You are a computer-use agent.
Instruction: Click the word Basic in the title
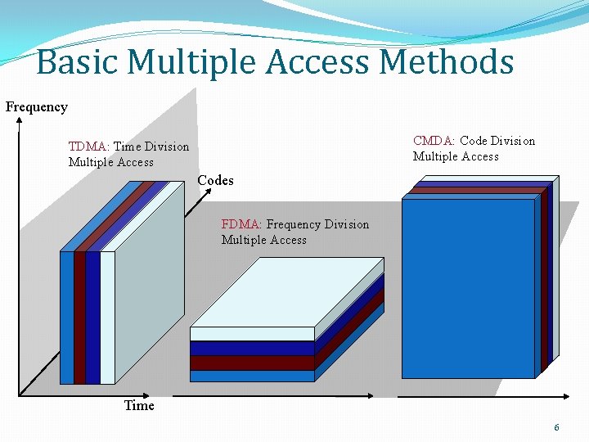pyautogui.click(x=79, y=62)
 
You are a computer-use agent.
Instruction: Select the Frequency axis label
pyautogui.click(x=37, y=106)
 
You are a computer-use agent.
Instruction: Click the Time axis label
pyautogui.click(x=139, y=405)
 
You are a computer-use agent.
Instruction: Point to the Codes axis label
pyautogui.click(x=215, y=180)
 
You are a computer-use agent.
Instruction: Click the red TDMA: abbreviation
pyautogui.click(x=89, y=147)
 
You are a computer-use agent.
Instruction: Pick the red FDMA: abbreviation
pyautogui.click(x=242, y=224)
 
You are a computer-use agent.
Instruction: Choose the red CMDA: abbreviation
pyautogui.click(x=434, y=141)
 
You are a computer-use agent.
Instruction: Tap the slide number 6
pyautogui.click(x=557, y=427)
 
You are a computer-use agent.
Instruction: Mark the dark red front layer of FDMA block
pyautogui.click(x=252, y=363)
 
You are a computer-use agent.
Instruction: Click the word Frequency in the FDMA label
pyautogui.click(x=294, y=224)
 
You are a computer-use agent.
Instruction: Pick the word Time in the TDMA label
pyautogui.click(x=127, y=147)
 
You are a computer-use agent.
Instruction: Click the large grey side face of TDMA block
pyautogui.click(x=151, y=278)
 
